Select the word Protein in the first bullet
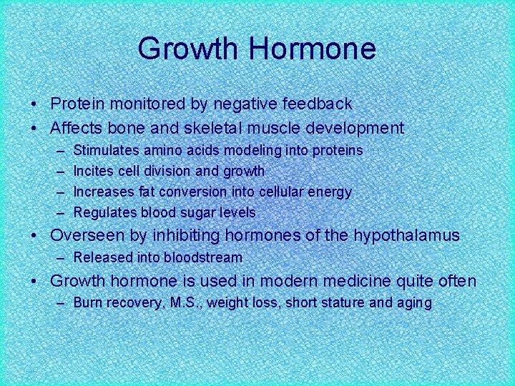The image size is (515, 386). click(x=77, y=104)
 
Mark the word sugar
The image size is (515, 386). click(x=202, y=212)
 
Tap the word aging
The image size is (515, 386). click(x=414, y=303)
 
